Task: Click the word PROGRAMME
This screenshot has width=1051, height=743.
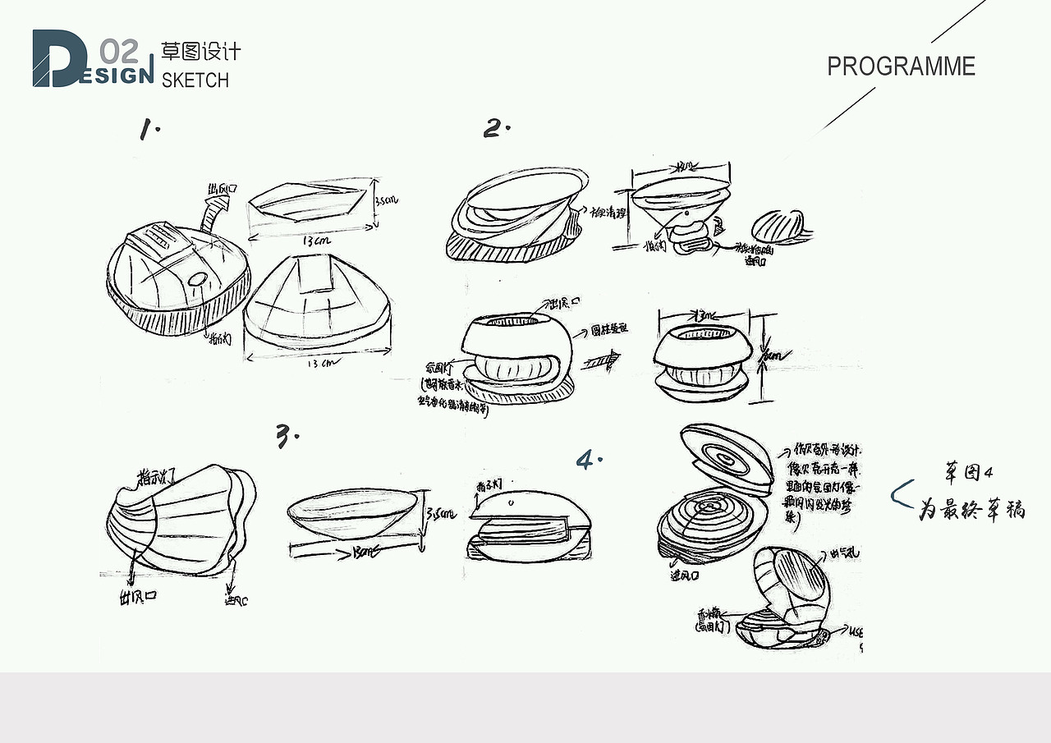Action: [901, 67]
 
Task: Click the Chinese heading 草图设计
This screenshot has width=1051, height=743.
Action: [201, 52]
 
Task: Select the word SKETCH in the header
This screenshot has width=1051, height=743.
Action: [195, 80]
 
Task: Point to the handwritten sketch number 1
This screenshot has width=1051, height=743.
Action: [149, 130]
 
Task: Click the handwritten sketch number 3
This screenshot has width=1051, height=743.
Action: [286, 437]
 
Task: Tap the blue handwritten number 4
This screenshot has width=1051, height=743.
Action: [588, 460]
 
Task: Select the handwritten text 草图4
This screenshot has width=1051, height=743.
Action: [969, 474]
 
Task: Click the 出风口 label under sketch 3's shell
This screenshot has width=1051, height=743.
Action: [137, 599]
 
